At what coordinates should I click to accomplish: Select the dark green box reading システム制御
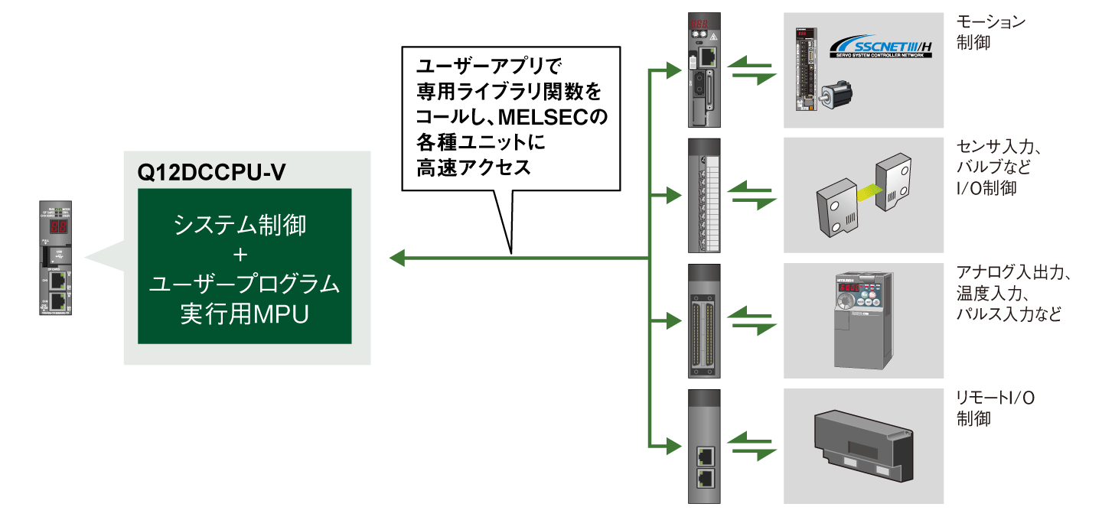tap(245, 265)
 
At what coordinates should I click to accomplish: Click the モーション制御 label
tap(990, 32)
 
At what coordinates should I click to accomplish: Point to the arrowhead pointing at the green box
tap(396, 258)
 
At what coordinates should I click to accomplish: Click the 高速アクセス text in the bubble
tap(474, 167)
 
